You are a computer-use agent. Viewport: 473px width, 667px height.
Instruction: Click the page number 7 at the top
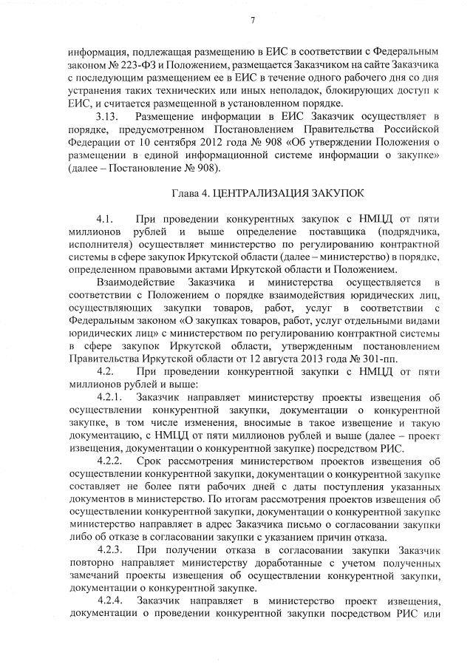pyautogui.click(x=252, y=19)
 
